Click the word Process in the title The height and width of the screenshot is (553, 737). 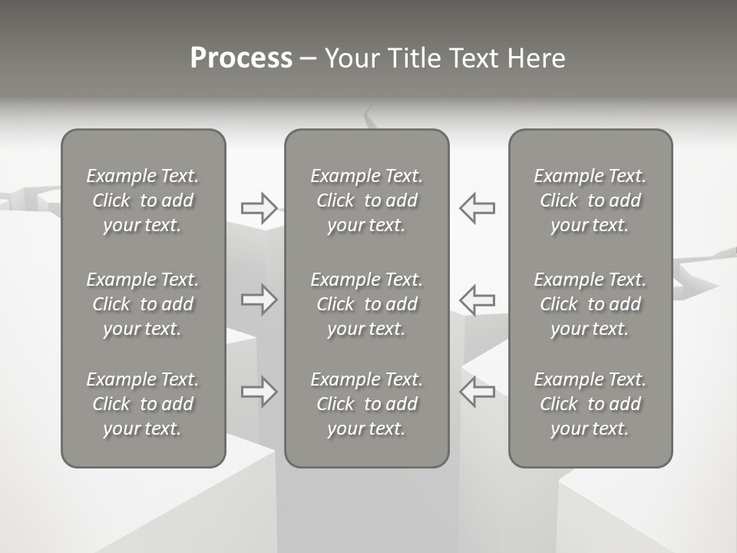(x=241, y=58)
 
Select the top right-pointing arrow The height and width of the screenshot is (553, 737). (x=259, y=207)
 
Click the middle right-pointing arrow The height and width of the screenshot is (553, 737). (x=259, y=300)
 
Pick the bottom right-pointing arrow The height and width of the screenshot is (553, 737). (x=259, y=392)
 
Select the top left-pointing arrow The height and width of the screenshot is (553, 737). (x=477, y=207)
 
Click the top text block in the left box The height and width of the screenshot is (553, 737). (x=143, y=200)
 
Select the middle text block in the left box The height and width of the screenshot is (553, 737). (x=143, y=304)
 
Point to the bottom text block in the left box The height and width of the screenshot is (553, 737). (x=143, y=404)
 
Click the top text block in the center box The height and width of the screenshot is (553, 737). (x=366, y=200)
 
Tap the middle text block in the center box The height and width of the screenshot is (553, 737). (x=366, y=304)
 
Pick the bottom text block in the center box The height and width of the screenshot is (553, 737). (x=366, y=404)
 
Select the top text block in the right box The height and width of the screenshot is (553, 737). (x=590, y=200)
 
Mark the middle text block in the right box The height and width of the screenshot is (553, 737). (x=590, y=304)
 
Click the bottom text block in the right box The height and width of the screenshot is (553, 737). (x=590, y=404)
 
